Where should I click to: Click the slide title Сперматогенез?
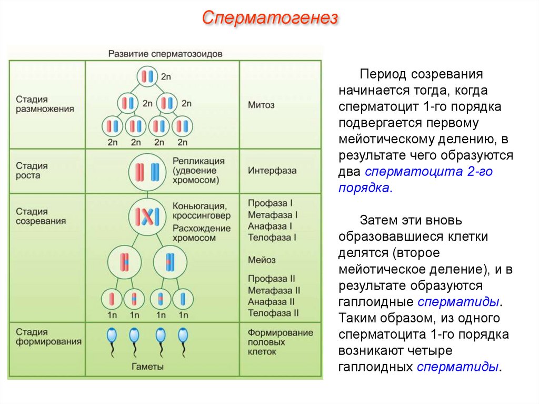(x=269, y=19)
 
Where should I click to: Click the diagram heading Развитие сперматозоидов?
(x=165, y=54)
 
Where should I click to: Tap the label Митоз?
(x=261, y=105)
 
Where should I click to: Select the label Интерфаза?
(x=272, y=171)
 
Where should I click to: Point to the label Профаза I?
(x=270, y=203)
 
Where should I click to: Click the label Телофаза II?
(x=273, y=313)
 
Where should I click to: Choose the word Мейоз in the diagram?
(x=262, y=260)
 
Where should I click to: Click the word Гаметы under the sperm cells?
(x=147, y=367)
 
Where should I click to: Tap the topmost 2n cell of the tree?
(x=147, y=77)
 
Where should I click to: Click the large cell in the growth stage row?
(x=147, y=171)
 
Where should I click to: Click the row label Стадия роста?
(x=32, y=170)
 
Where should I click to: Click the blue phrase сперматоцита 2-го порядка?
(x=428, y=180)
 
